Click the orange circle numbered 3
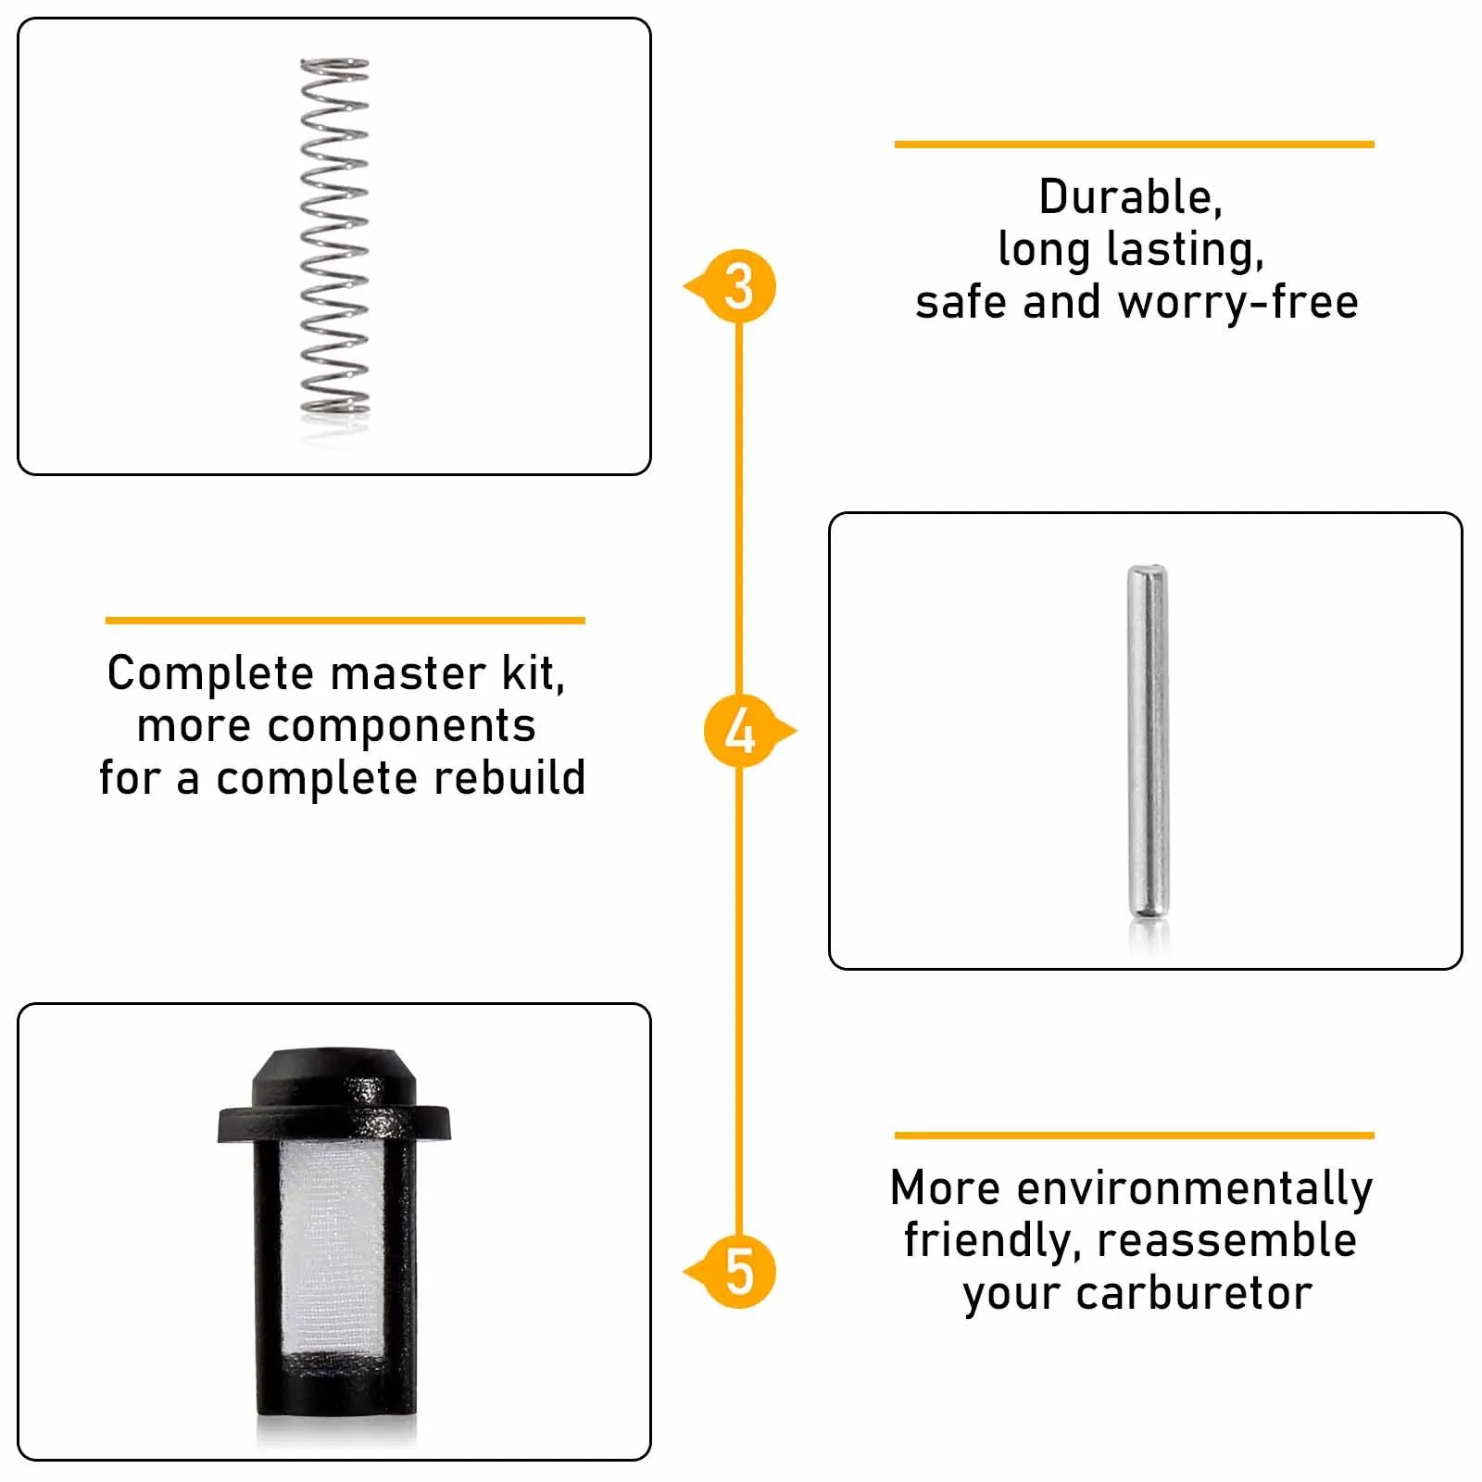pyautogui.click(x=739, y=286)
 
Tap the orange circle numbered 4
pyautogui.click(x=739, y=731)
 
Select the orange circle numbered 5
pyautogui.click(x=739, y=1272)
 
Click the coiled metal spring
pyautogui.click(x=334, y=236)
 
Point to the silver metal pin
pyautogui.click(x=1148, y=741)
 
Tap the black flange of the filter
pyautogui.click(x=333, y=1122)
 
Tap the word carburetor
pyautogui.click(x=1194, y=1294)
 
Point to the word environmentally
pyautogui.click(x=1195, y=1188)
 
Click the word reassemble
pyautogui.click(x=1226, y=1241)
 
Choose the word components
pyautogui.click(x=401, y=726)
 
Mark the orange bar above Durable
pyautogui.click(x=1134, y=144)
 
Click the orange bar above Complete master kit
pyautogui.click(x=345, y=621)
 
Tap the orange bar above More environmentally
pyautogui.click(x=1134, y=1136)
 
